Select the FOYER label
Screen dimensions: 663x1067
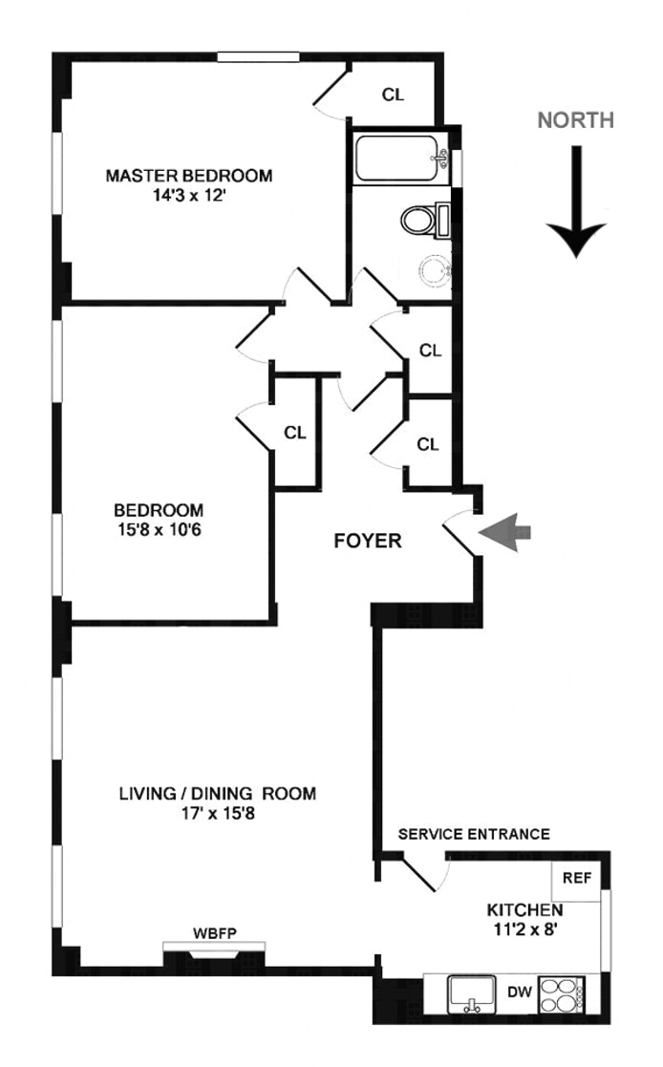coord(367,541)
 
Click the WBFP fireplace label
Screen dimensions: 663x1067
coord(213,932)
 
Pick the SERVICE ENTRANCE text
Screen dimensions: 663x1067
coord(473,834)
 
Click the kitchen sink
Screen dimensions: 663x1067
coord(471,994)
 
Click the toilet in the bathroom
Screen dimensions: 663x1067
coord(424,222)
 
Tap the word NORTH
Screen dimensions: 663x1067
coord(575,120)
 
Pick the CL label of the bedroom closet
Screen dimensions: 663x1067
coord(294,432)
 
